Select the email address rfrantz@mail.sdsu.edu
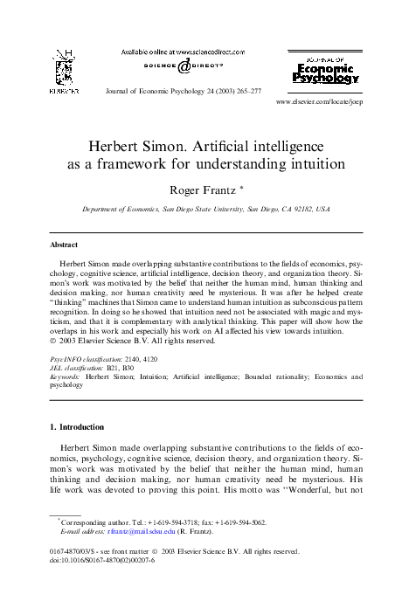tap(134, 530)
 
